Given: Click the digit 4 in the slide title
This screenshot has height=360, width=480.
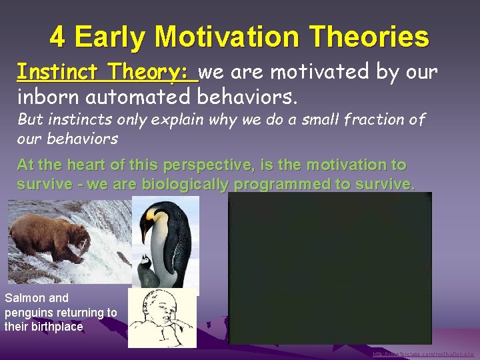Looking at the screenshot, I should [x=57, y=37].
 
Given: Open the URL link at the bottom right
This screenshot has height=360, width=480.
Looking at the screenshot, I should [x=423, y=354].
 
